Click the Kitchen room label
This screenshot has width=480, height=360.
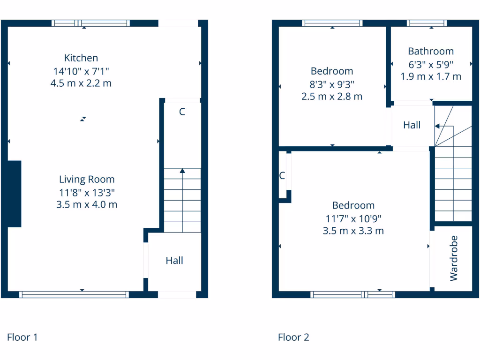81,58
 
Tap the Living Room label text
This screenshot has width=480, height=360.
87,179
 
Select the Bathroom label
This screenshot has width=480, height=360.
431,51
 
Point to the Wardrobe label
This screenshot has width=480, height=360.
453,258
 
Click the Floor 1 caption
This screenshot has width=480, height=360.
22,337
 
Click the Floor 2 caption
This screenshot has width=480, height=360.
293,337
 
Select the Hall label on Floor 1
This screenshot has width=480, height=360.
174,261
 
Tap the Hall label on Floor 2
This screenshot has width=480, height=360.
412,125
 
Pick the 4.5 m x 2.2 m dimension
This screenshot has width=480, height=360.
81,83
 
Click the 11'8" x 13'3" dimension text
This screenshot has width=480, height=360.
87,192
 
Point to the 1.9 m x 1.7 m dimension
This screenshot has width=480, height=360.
431,76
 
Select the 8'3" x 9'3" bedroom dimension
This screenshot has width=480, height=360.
332,84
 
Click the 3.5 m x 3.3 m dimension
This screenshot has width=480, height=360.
353,231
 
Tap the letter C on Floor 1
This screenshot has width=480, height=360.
182,112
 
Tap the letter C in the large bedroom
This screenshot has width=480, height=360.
282,176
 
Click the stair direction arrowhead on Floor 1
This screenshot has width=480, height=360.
182,171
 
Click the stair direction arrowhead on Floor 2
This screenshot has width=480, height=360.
437,126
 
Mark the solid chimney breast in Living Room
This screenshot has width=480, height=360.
15,194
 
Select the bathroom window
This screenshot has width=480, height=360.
426,23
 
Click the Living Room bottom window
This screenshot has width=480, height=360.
74,294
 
